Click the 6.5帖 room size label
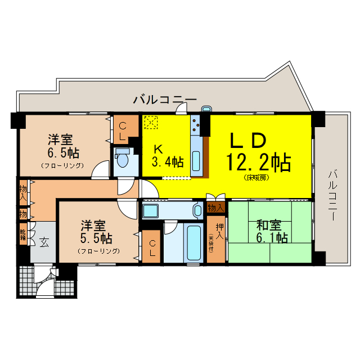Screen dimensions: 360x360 pos(64,152)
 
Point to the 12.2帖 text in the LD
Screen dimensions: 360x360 pos(258,162)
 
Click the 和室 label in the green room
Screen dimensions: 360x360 pos(268,226)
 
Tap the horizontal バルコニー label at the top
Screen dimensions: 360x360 pos(165,100)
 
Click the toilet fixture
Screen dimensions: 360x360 pos(122,161)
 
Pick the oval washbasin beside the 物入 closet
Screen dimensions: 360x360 pos(197,211)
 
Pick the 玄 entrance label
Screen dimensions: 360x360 pos(43,242)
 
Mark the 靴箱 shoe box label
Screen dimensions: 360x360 pos(22,233)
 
